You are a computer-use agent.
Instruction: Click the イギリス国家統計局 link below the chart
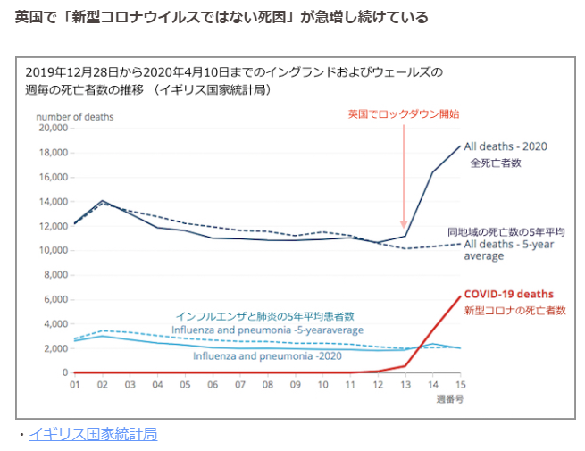[x=93, y=434]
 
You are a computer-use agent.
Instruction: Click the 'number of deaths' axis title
[x=74, y=115]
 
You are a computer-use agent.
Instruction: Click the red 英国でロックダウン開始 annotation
[x=404, y=113]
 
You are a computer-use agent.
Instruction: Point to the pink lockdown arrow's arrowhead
[x=404, y=227]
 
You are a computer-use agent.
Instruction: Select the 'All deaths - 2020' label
[x=505, y=146]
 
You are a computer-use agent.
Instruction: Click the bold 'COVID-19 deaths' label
[x=508, y=294]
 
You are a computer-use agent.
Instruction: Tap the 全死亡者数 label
[x=496, y=163]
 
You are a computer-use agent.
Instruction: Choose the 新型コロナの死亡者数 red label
[x=514, y=310]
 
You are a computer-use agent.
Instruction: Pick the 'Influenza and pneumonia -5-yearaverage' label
[x=267, y=330]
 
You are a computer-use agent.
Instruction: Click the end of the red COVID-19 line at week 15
[x=460, y=296]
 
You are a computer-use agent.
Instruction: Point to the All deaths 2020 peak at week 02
[x=102, y=201]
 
